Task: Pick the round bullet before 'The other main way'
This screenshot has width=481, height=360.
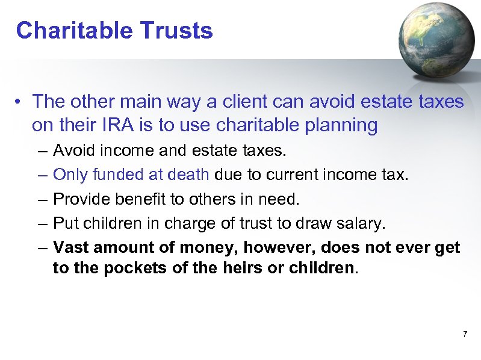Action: point(20,102)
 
